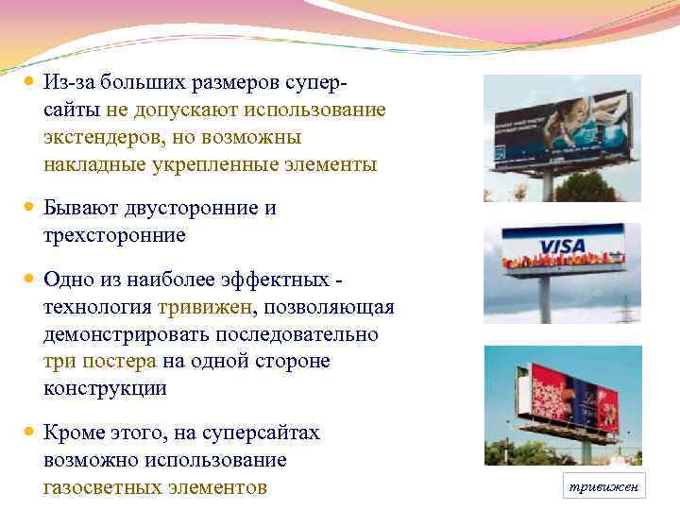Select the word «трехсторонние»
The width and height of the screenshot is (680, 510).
(x=114, y=235)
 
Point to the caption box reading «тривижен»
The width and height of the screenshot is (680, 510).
(x=602, y=486)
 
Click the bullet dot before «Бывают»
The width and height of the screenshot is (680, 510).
(x=28, y=206)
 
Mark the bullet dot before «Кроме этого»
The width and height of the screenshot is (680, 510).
(x=28, y=433)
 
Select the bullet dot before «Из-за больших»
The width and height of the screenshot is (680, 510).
(x=28, y=82)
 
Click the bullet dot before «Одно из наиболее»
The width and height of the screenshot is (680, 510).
(x=28, y=280)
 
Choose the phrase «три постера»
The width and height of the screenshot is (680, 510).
(x=99, y=362)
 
